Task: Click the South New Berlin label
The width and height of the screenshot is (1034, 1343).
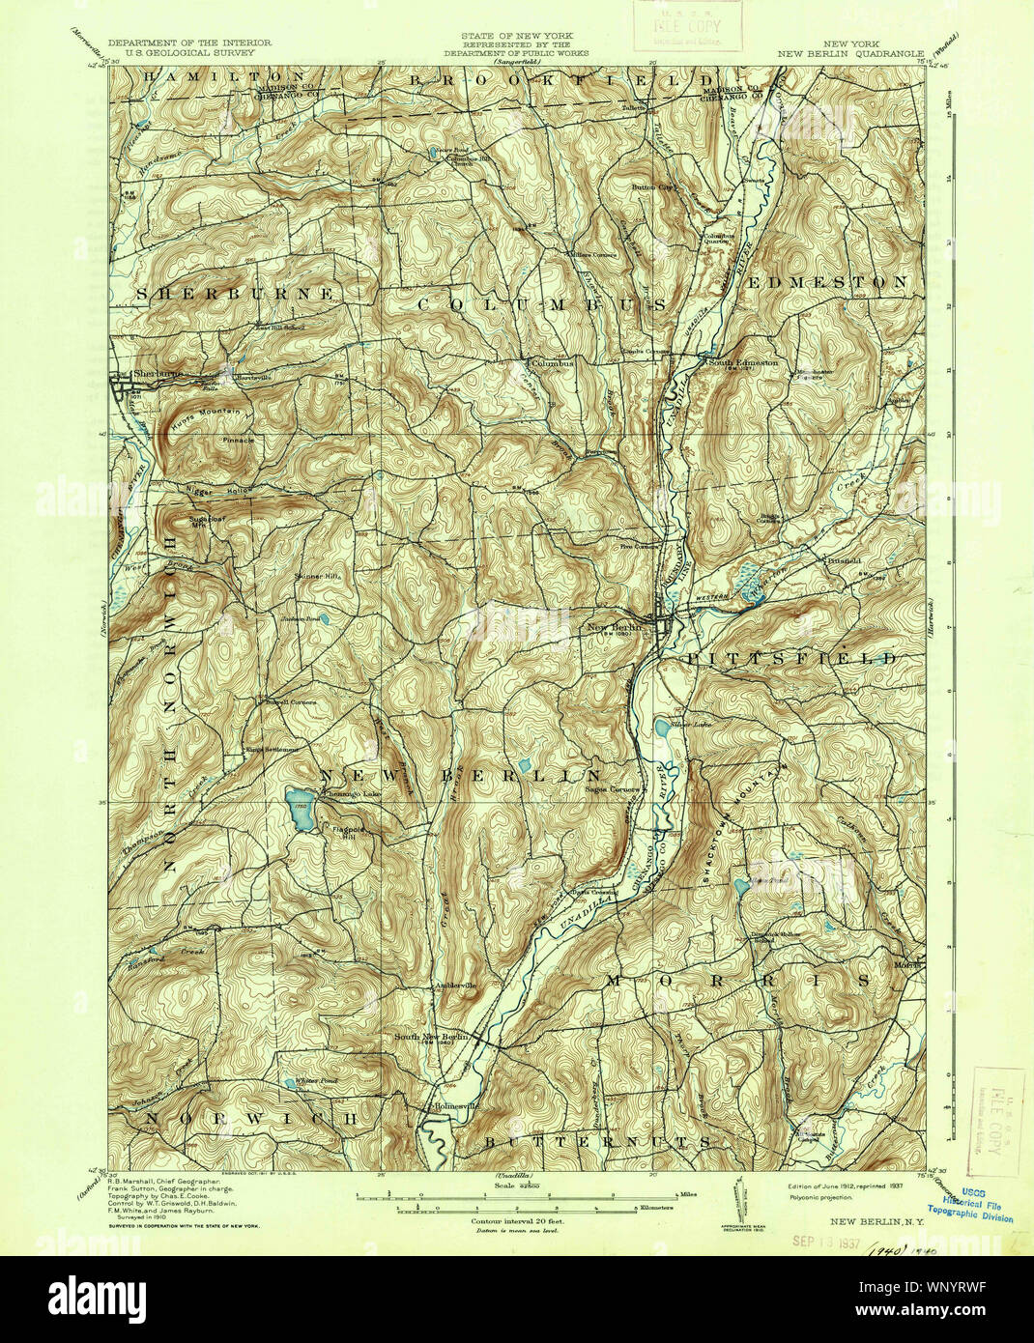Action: coord(432,1036)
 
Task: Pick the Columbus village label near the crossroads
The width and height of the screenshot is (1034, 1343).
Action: coord(551,363)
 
